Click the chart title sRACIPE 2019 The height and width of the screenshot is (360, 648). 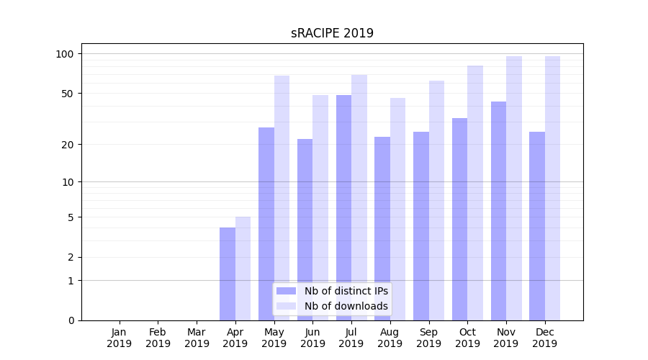[x=332, y=33]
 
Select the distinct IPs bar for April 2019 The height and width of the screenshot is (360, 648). [x=228, y=274]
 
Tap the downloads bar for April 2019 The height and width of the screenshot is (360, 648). [x=243, y=268]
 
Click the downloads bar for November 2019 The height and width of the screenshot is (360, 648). [x=514, y=188]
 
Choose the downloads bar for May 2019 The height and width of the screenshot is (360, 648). [x=282, y=198]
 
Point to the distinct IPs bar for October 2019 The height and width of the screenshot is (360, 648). [x=459, y=219]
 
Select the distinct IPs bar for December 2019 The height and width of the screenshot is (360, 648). [x=537, y=226]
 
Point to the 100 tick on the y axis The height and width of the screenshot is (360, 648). [x=66, y=54]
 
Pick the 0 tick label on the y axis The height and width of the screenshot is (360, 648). [x=71, y=320]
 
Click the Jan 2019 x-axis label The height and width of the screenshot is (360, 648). [x=120, y=338]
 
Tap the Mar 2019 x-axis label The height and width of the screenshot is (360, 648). [x=197, y=338]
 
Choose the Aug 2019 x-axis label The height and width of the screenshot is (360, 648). [x=390, y=338]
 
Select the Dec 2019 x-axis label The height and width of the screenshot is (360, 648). [x=545, y=338]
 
